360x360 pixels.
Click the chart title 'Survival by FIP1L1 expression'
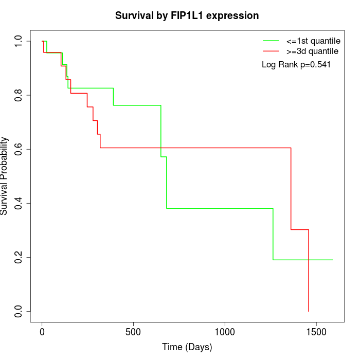187,15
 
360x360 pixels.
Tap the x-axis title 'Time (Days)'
187,347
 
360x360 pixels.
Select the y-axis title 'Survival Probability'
5,176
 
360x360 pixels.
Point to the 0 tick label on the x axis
42,332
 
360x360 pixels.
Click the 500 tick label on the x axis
133,332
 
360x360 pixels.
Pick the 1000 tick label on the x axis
225,332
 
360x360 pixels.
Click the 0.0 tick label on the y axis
19,311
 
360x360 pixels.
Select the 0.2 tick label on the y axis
19,257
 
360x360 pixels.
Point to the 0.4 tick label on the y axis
19,203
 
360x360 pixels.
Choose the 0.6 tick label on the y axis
19,149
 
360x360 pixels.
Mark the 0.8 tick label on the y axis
19,95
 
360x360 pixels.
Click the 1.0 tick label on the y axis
19,41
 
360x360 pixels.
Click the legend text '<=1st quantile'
313,41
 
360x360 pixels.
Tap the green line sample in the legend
271,41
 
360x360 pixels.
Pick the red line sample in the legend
271,51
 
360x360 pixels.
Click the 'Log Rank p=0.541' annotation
296,64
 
